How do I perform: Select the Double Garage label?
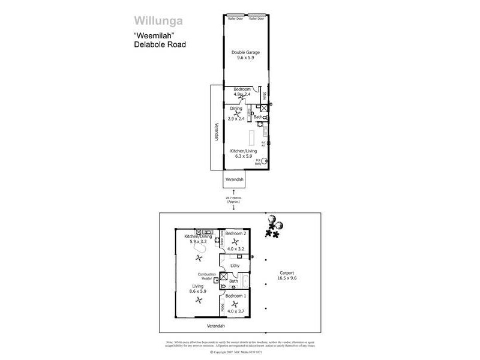(245, 53)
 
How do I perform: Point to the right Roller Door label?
(257, 19)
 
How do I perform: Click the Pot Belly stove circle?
(262, 160)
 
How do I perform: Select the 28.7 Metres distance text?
(233, 199)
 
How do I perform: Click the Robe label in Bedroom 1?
(223, 308)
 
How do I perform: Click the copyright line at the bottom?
(240, 352)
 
